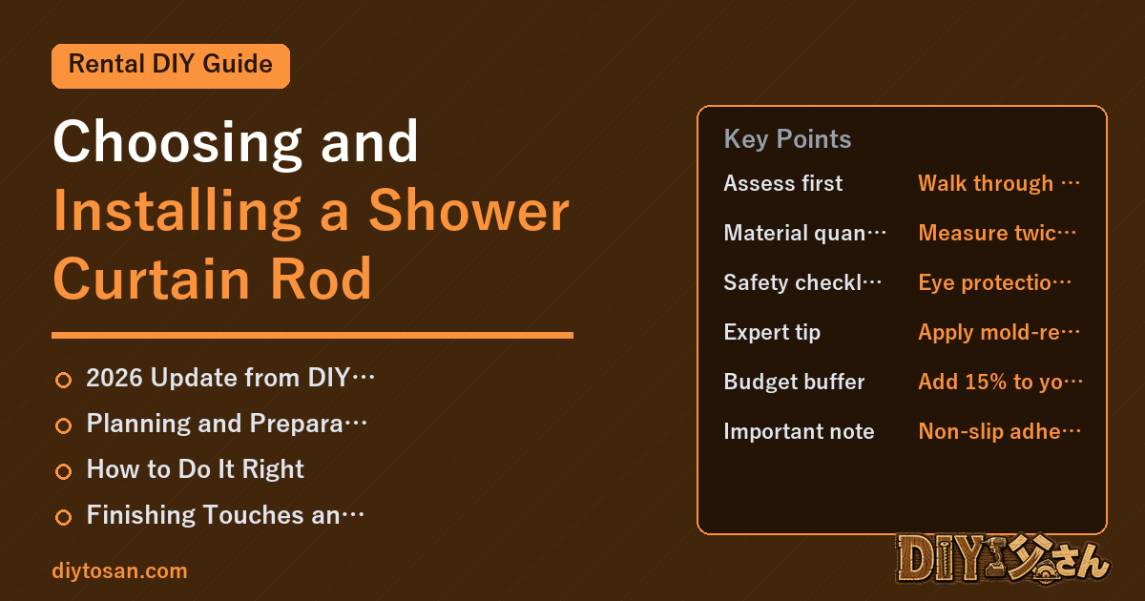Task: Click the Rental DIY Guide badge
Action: click(x=171, y=66)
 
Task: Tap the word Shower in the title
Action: click(x=468, y=211)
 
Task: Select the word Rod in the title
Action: click(x=321, y=279)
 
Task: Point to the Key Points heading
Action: click(x=787, y=139)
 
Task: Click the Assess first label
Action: click(x=782, y=183)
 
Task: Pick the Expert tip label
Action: click(x=772, y=332)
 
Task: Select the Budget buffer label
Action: click(x=794, y=382)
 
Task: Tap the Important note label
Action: click(x=799, y=431)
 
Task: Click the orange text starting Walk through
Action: click(x=999, y=183)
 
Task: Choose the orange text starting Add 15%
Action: click(x=1000, y=382)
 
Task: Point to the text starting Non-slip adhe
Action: click(x=999, y=431)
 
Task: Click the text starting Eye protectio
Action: click(x=994, y=282)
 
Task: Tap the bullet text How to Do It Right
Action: click(x=196, y=469)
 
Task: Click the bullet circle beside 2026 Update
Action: click(x=63, y=380)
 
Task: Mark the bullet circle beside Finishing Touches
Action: click(x=63, y=517)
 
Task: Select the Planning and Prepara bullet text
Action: click(x=226, y=424)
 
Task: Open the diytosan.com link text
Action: click(x=119, y=570)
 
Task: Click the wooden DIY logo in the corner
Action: click(x=1003, y=558)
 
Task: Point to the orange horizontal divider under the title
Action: click(x=312, y=335)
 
